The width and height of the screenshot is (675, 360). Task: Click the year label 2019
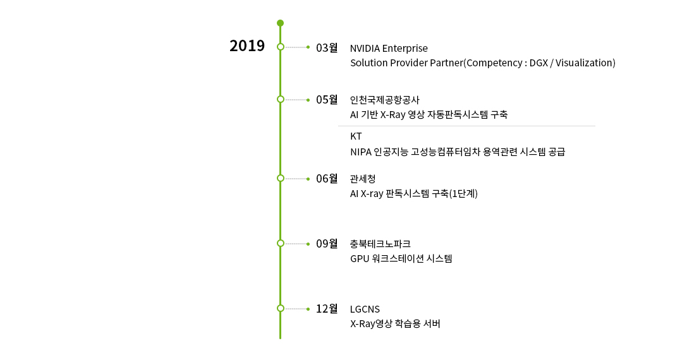[x=246, y=46]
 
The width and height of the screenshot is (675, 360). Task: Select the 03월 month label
[x=327, y=48]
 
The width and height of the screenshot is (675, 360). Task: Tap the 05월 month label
[x=327, y=100]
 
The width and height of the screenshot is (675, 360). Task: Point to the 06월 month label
[x=327, y=179]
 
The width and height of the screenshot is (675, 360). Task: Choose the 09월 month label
[x=327, y=244]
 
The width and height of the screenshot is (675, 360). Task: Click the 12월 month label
[x=327, y=309]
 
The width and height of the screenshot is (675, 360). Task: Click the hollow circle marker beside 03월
[x=280, y=47]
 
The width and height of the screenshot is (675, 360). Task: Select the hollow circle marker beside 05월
[x=280, y=99]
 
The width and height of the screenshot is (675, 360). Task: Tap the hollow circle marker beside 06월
[x=280, y=178]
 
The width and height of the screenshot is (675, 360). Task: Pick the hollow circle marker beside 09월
[x=280, y=243]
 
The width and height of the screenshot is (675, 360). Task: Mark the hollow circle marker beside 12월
[x=280, y=308]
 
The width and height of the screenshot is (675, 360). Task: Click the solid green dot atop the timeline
[x=280, y=23]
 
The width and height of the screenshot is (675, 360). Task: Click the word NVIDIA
[x=365, y=48]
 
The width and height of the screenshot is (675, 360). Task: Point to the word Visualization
[x=584, y=63]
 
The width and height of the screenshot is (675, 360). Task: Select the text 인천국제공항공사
[x=384, y=100]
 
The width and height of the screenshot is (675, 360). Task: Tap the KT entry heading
[x=356, y=136]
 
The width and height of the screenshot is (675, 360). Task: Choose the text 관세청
[x=363, y=179]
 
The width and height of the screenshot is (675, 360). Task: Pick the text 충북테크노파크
[x=380, y=244]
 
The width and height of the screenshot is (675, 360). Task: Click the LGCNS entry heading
[x=365, y=309]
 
